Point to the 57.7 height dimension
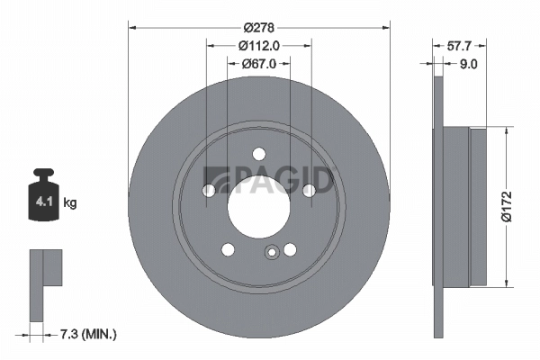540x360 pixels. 460,43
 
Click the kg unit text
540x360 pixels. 70,203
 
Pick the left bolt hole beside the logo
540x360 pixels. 209,190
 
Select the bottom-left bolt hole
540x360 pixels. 228,248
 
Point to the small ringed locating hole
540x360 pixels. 270,253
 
